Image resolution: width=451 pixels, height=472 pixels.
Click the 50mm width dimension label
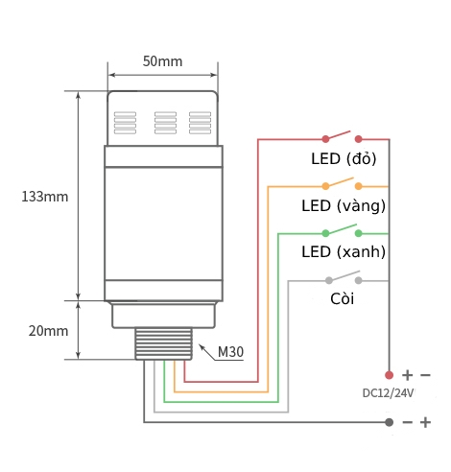pyautogui.click(x=162, y=61)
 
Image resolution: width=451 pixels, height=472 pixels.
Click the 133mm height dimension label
pyautogui.click(x=45, y=197)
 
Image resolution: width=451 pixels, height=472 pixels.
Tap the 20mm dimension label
pyautogui.click(x=48, y=331)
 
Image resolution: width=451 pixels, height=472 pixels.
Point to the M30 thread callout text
pyautogui.click(x=231, y=352)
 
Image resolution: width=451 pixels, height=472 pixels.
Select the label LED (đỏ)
pyautogui.click(x=344, y=158)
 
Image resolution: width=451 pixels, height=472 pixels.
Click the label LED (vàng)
pyautogui.click(x=344, y=205)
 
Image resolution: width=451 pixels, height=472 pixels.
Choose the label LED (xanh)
pyautogui.click(x=344, y=252)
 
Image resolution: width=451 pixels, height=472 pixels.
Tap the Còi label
pyautogui.click(x=343, y=299)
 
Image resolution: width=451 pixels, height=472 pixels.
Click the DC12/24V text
pyautogui.click(x=389, y=392)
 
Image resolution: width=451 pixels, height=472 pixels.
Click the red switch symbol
pyautogui.click(x=342, y=136)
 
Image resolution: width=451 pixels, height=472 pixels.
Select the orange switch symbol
pyautogui.click(x=342, y=183)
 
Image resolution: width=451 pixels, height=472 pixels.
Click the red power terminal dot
pyautogui.click(x=389, y=374)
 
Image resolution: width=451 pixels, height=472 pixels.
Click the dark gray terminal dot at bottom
pyautogui.click(x=389, y=422)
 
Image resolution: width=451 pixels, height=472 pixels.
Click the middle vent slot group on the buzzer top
pyautogui.click(x=165, y=122)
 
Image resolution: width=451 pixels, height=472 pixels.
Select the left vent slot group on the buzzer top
pyautogui.click(x=126, y=122)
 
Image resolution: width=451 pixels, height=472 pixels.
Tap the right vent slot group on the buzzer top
pyautogui.click(x=200, y=122)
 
